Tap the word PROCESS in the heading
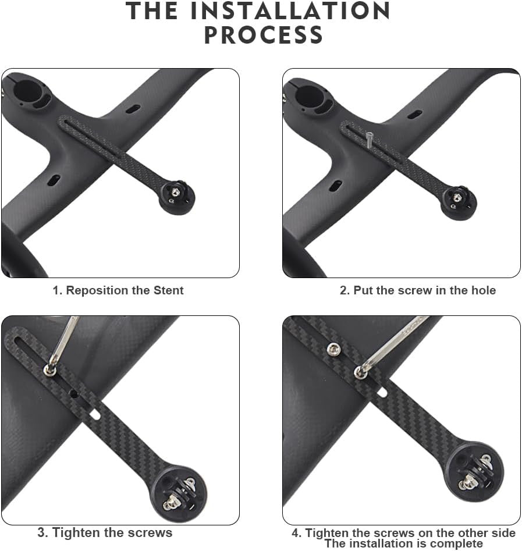click(264, 35)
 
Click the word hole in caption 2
click(483, 290)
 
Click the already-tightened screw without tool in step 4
click(333, 349)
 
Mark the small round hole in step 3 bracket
click(74, 394)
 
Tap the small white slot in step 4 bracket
click(382, 393)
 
